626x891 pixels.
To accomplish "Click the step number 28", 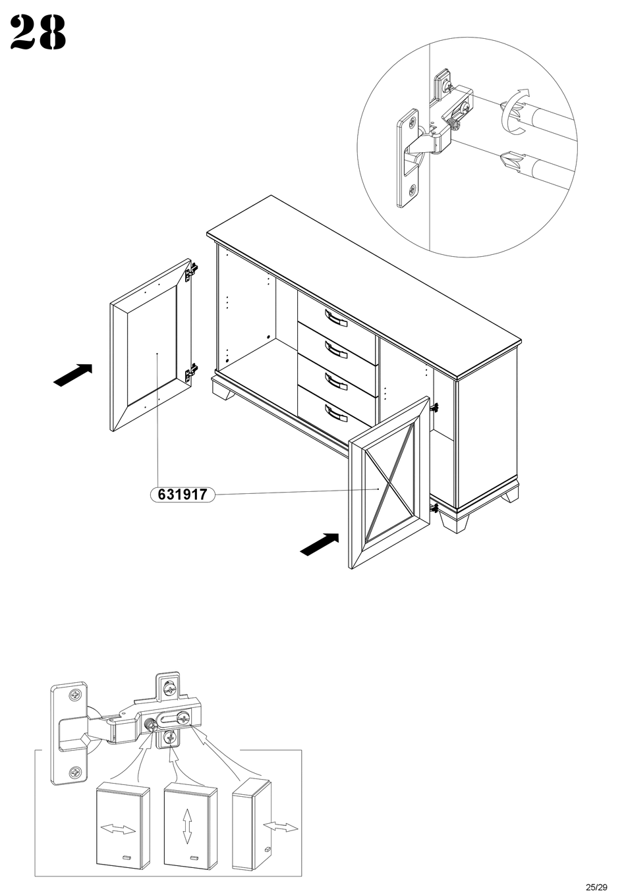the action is (38, 33).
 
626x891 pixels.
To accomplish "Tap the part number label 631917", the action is (183, 495).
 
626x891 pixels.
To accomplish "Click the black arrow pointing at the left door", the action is (73, 375).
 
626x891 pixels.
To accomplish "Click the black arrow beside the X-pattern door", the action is (320, 545).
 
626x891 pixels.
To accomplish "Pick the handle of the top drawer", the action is (336, 317).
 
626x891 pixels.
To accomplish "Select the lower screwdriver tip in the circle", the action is (511, 161).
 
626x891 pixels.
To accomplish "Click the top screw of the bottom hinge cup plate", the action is (75, 697).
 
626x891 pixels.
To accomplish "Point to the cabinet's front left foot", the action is (223, 389).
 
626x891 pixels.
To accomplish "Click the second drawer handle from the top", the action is (336, 349).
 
